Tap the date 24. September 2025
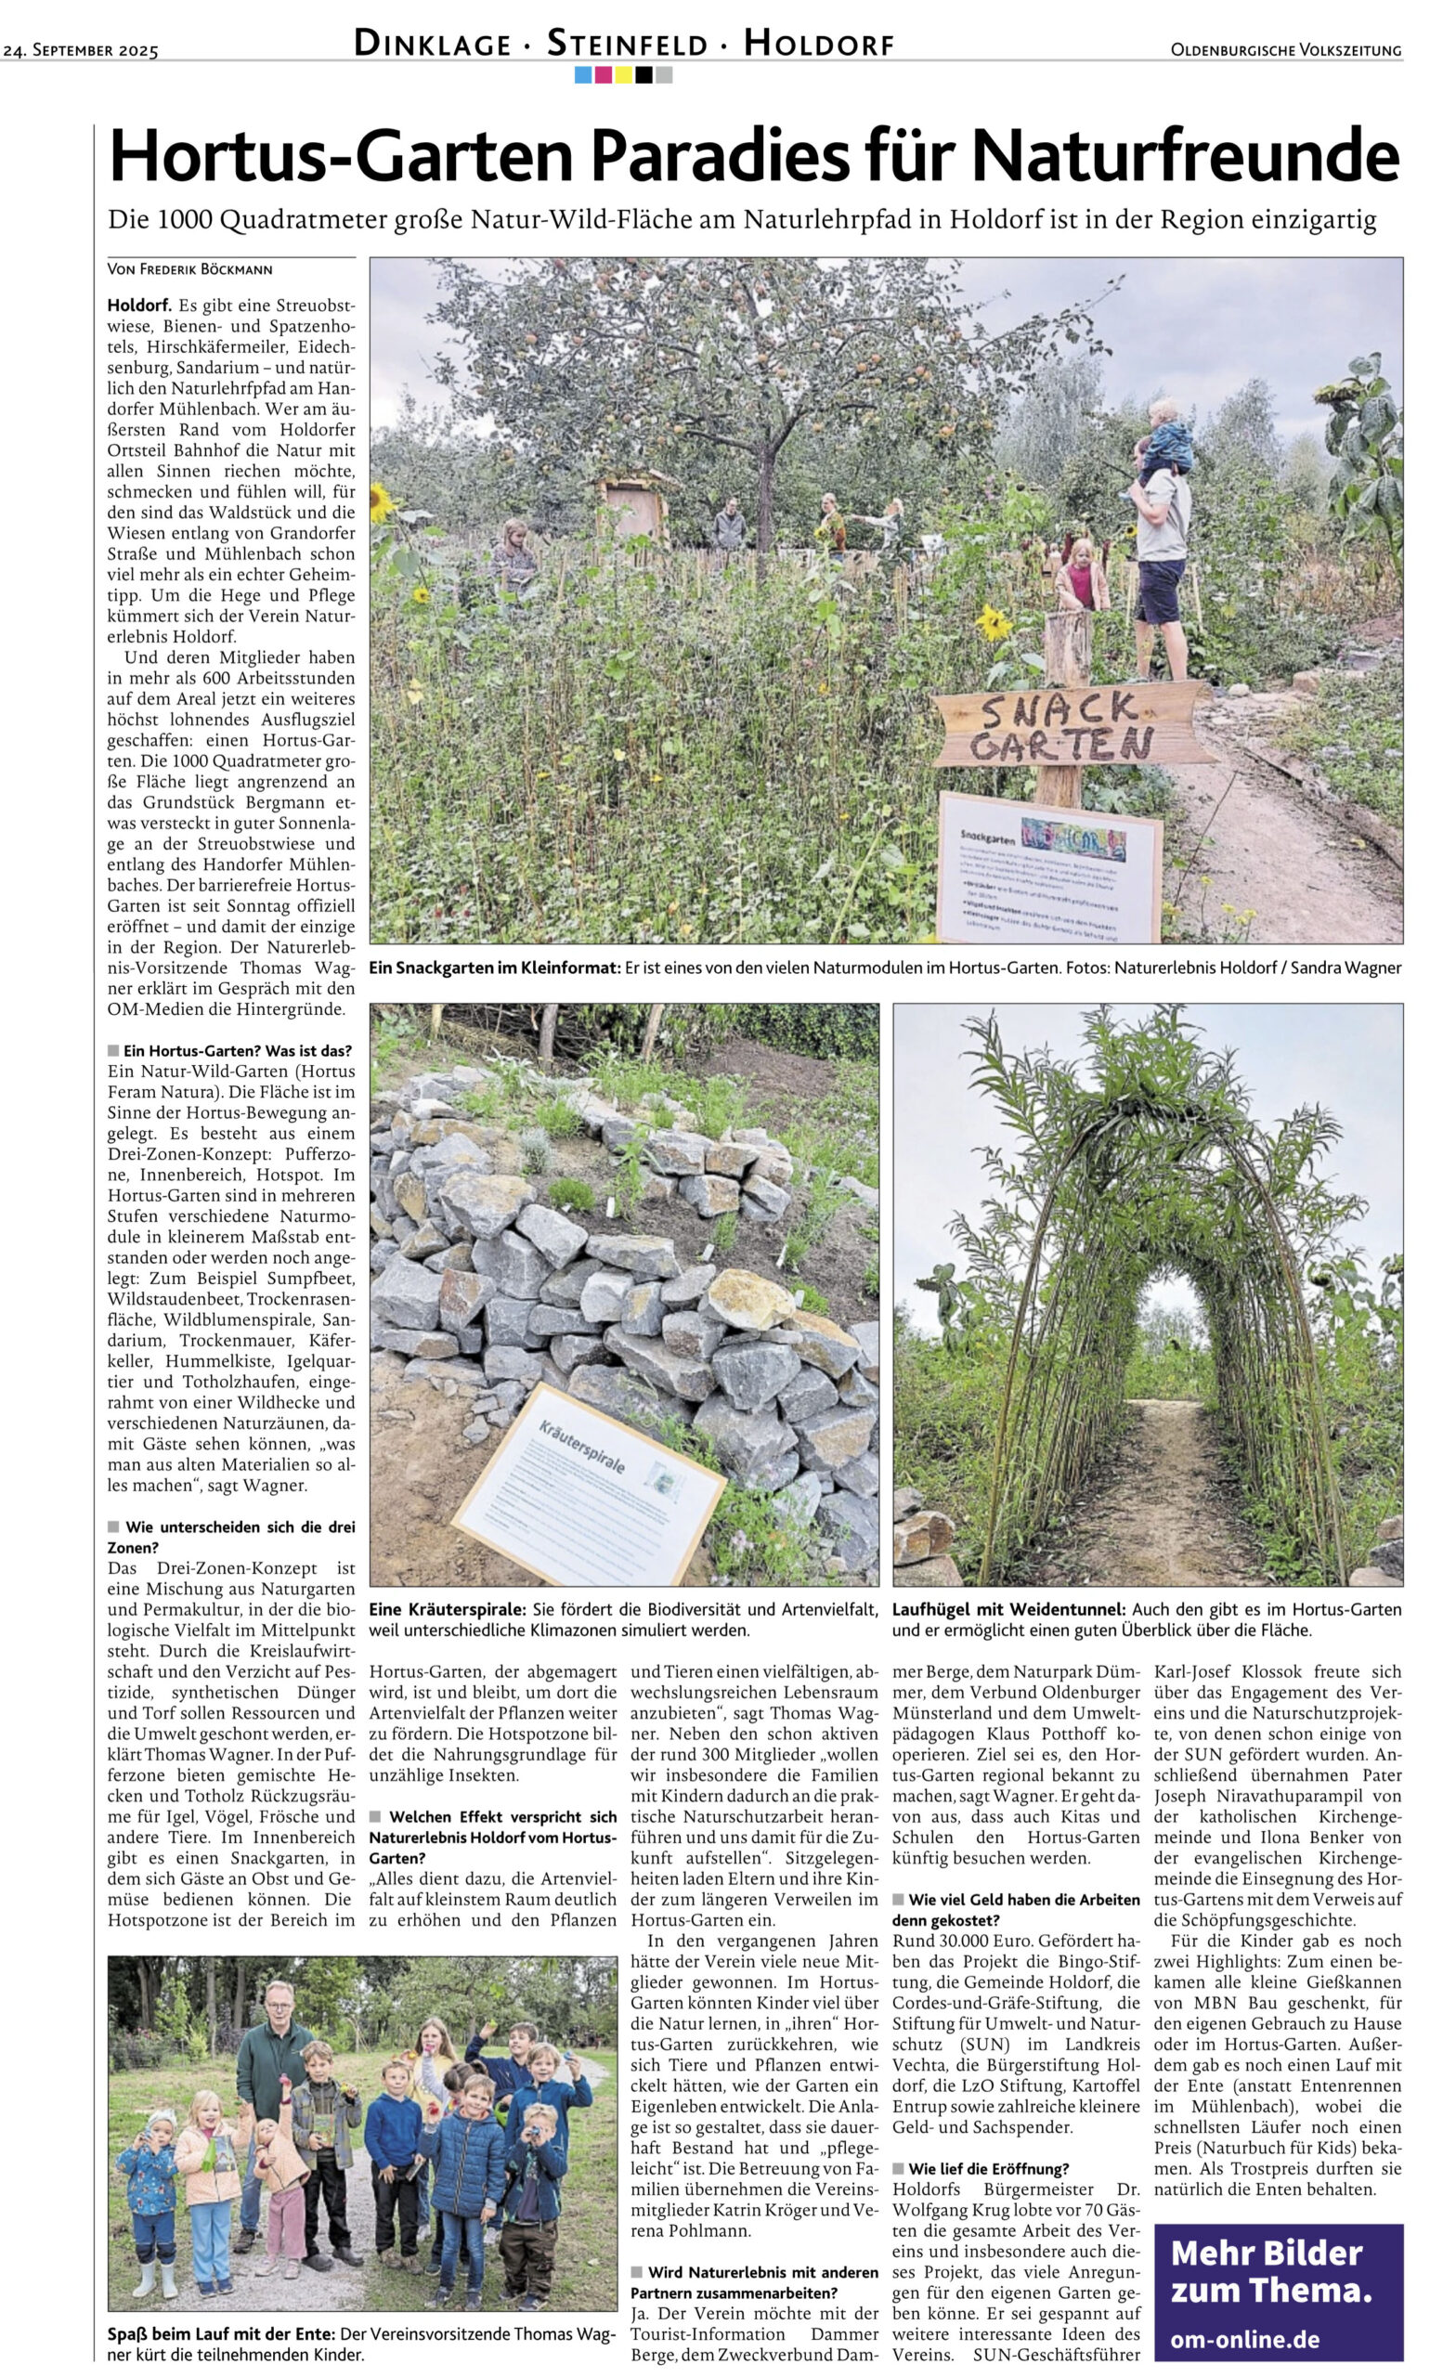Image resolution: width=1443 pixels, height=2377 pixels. click(x=81, y=50)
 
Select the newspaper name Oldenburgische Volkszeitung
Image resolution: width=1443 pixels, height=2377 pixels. click(x=1286, y=50)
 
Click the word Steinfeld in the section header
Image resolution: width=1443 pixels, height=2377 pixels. click(x=625, y=45)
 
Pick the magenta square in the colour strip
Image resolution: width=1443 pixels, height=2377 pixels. click(x=603, y=74)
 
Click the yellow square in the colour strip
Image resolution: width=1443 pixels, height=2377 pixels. click(x=623, y=74)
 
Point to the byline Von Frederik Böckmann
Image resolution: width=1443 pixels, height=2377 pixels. click(x=190, y=269)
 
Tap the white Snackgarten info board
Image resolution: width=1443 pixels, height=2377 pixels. click(x=1048, y=866)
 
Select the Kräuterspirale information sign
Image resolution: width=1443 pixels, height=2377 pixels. click(x=589, y=1487)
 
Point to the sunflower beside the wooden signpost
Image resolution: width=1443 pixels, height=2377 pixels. click(x=994, y=622)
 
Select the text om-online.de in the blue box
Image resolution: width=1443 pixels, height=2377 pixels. click(x=1244, y=2339)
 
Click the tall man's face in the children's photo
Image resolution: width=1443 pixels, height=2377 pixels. click(x=277, y=2000)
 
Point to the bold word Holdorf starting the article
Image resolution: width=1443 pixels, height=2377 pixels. click(x=139, y=305)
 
